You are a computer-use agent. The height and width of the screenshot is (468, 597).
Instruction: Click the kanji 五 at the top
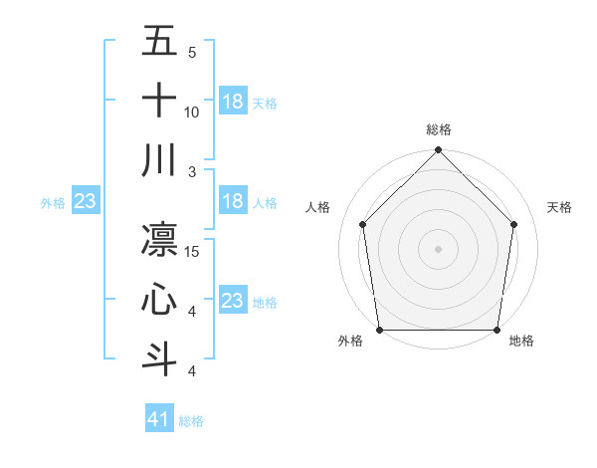pyautogui.click(x=159, y=41)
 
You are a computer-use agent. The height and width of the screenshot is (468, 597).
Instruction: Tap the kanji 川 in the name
pyautogui.click(x=159, y=159)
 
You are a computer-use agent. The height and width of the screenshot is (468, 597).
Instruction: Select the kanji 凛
pyautogui.click(x=159, y=239)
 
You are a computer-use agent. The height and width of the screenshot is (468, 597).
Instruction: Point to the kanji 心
pyautogui.click(x=159, y=299)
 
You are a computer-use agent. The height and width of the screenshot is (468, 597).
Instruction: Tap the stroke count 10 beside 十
pyautogui.click(x=192, y=112)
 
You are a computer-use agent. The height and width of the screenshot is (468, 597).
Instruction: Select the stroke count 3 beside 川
pyautogui.click(x=191, y=171)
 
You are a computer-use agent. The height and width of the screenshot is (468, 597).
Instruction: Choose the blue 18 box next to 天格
pyautogui.click(x=233, y=102)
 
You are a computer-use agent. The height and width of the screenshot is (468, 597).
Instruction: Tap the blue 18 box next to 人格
pyautogui.click(x=233, y=201)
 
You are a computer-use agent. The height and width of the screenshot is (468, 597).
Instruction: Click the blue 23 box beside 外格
pyautogui.click(x=85, y=201)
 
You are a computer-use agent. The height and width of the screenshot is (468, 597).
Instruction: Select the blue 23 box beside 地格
pyautogui.click(x=233, y=301)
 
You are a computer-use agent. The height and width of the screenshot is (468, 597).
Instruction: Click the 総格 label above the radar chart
pyautogui.click(x=439, y=129)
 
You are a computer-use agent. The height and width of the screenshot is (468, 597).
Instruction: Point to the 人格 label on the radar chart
pyautogui.click(x=318, y=207)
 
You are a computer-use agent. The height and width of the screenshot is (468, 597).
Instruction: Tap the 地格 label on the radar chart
pyautogui.click(x=521, y=341)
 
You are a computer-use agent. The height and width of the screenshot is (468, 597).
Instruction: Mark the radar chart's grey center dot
pyautogui.click(x=439, y=248)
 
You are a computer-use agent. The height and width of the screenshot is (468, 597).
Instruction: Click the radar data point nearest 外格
pyautogui.click(x=379, y=330)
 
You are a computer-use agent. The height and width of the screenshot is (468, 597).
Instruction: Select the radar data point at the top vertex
pyautogui.click(x=439, y=151)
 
